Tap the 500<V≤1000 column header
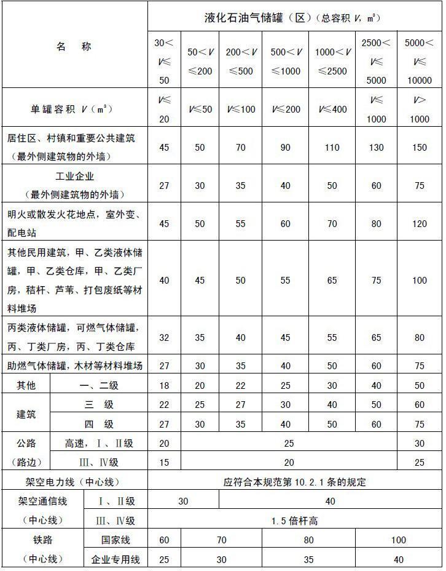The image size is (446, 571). (x=286, y=62)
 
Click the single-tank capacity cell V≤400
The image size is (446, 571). (x=332, y=110)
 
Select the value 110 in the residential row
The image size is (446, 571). (x=332, y=147)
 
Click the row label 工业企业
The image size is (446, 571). (x=74, y=176)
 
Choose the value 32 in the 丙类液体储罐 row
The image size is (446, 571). (x=163, y=337)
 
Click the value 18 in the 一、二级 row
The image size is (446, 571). (x=163, y=385)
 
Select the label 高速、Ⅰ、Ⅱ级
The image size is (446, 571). (x=98, y=443)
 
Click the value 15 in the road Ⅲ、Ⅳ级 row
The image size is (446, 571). (x=163, y=462)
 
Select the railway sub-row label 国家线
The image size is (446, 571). (x=115, y=540)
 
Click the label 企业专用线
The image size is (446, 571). (x=115, y=559)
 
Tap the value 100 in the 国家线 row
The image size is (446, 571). (x=398, y=540)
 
